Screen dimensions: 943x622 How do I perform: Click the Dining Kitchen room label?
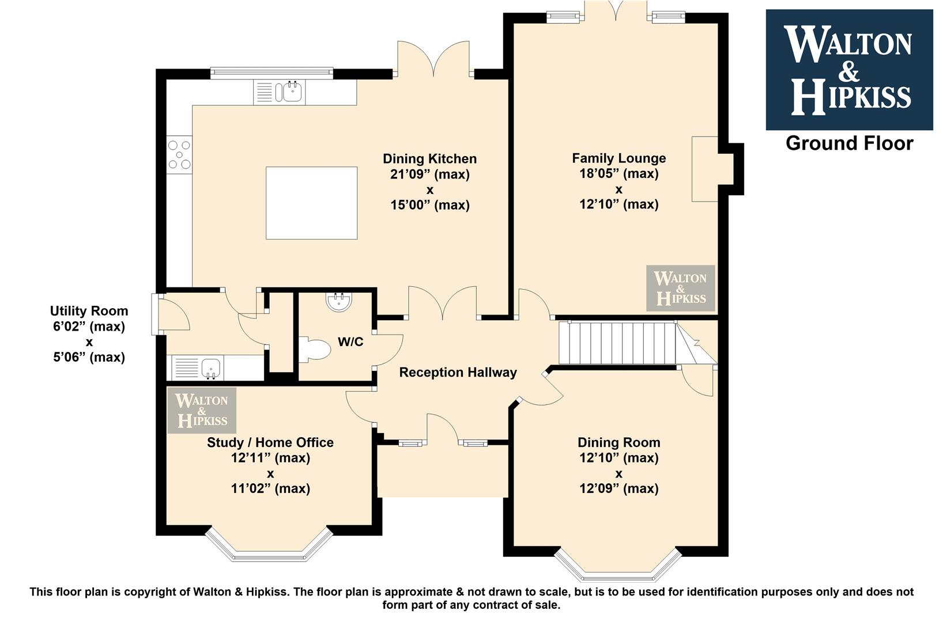[x=430, y=159]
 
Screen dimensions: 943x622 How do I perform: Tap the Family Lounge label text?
[x=619, y=158]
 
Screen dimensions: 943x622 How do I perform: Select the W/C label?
[x=350, y=342]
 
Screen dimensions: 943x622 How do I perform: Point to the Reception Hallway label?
[x=458, y=373]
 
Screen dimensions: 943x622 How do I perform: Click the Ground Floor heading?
[x=850, y=143]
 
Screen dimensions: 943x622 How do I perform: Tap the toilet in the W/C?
[x=315, y=350]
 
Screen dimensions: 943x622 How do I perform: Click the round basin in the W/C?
[x=339, y=302]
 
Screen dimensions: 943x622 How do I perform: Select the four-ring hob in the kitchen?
[x=179, y=155]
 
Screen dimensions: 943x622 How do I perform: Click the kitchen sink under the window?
[x=279, y=92]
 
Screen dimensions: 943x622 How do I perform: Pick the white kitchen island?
[x=311, y=203]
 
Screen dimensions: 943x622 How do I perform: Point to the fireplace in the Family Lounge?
[x=705, y=169]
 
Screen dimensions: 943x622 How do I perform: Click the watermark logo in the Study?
[x=202, y=411]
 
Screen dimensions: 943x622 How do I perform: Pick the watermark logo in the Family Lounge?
[x=681, y=288]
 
